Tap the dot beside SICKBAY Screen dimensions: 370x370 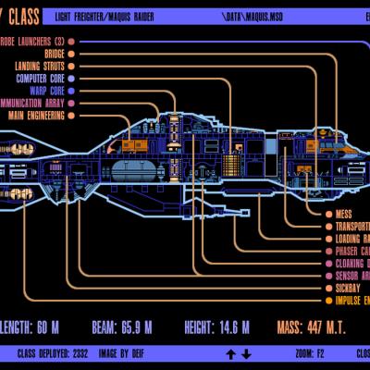tap(328, 288)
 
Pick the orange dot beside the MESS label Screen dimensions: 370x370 tap(328, 214)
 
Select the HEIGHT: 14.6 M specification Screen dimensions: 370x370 tap(212, 327)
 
